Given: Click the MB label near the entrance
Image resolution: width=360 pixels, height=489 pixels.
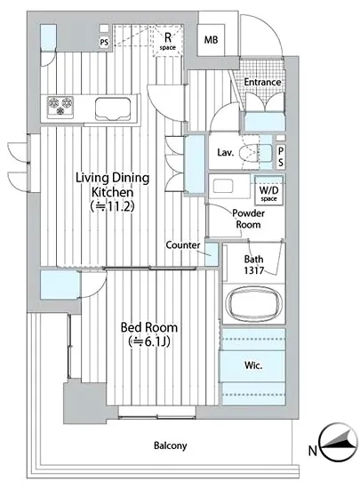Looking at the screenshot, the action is click(x=211, y=40).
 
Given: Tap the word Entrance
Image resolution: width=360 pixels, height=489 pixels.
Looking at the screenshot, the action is click(x=262, y=83).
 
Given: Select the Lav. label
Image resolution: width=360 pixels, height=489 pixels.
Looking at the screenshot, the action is click(x=226, y=153).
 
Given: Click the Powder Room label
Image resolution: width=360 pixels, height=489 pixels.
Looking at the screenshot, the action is click(x=248, y=219).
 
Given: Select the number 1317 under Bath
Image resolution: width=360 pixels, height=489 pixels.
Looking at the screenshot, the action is click(x=253, y=270).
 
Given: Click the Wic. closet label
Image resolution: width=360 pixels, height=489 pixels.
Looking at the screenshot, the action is click(x=253, y=365).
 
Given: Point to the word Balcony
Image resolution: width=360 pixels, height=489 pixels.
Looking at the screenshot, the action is click(x=171, y=445).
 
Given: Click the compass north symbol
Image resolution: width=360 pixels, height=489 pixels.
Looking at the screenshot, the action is click(x=339, y=442).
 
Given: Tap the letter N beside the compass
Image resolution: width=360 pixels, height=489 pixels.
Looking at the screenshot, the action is click(x=313, y=451).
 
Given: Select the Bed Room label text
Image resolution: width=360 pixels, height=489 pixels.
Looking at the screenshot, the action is click(x=149, y=327).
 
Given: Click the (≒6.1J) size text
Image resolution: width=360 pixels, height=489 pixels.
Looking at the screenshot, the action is click(x=149, y=341).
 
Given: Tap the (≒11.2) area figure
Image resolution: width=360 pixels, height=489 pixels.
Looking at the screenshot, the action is click(x=112, y=206).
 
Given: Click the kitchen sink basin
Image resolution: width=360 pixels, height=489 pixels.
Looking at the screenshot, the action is click(x=113, y=108).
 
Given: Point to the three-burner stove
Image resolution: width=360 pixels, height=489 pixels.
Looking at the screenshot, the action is click(x=60, y=107).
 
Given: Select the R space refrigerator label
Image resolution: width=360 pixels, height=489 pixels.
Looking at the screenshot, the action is click(x=168, y=42).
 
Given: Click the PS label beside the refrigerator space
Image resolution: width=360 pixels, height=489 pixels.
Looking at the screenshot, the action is click(x=104, y=42).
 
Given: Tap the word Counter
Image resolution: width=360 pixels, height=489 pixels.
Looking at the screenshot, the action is click(x=183, y=245).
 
